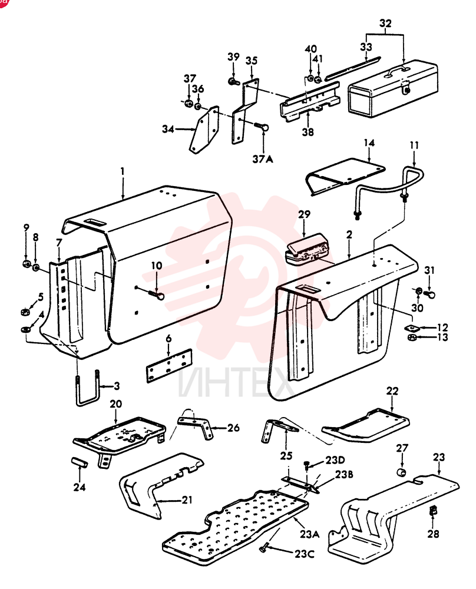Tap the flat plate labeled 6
coord(168,366)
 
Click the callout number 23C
coord(304,554)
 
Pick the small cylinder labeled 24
coord(80,462)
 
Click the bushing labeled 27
coord(402,471)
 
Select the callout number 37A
coord(263,159)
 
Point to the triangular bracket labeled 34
coord(204,130)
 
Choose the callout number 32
coord(385,24)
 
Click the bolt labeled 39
coord(233,80)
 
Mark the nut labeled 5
coord(24,312)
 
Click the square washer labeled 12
coord(411,327)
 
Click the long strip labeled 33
coord(352,68)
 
